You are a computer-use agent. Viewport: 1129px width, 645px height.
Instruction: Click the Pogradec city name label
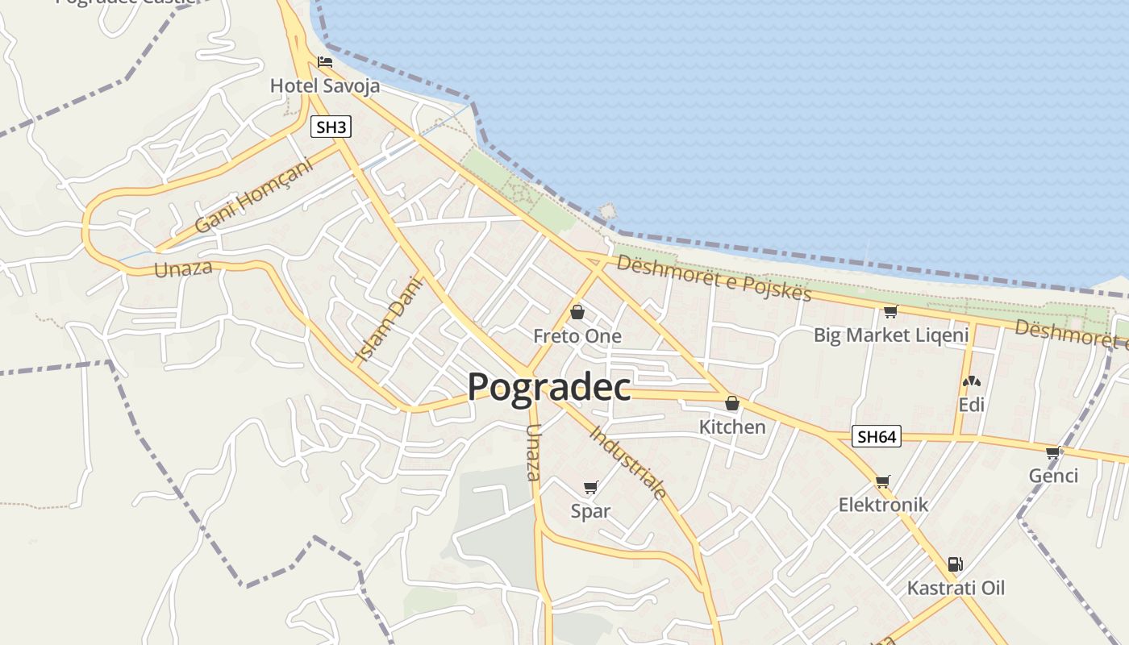pos(548,388)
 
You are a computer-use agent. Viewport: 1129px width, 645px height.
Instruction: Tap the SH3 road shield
pos(331,127)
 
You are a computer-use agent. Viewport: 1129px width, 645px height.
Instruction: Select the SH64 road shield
pos(877,437)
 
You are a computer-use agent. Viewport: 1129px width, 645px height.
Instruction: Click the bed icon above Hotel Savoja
pos(325,62)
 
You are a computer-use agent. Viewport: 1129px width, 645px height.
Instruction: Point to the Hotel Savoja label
pos(324,85)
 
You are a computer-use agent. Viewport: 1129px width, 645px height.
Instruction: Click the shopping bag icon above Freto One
pos(577,312)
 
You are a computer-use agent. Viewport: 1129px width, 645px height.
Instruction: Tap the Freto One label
pos(577,336)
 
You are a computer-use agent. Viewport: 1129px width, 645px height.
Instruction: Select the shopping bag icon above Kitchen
pos(732,403)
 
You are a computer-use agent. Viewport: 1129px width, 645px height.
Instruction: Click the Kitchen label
pos(732,427)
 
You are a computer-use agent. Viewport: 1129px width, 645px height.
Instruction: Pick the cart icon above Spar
pos(590,487)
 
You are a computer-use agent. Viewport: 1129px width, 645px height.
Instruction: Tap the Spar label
pos(590,511)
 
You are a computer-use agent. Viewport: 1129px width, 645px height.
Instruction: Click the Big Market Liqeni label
pos(890,335)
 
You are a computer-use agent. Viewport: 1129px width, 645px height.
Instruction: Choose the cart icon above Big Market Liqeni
pos(890,312)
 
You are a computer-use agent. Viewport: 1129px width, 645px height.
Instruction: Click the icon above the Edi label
pos(971,381)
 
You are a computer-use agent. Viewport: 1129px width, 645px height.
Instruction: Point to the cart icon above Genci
pos(1052,452)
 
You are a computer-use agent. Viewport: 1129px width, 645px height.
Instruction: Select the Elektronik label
pos(883,505)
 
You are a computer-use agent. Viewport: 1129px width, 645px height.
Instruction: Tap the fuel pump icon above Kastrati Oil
pos(956,564)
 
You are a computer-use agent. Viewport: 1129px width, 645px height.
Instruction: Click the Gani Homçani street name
pos(253,196)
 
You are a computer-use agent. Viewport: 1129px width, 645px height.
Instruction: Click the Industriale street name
pos(628,462)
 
